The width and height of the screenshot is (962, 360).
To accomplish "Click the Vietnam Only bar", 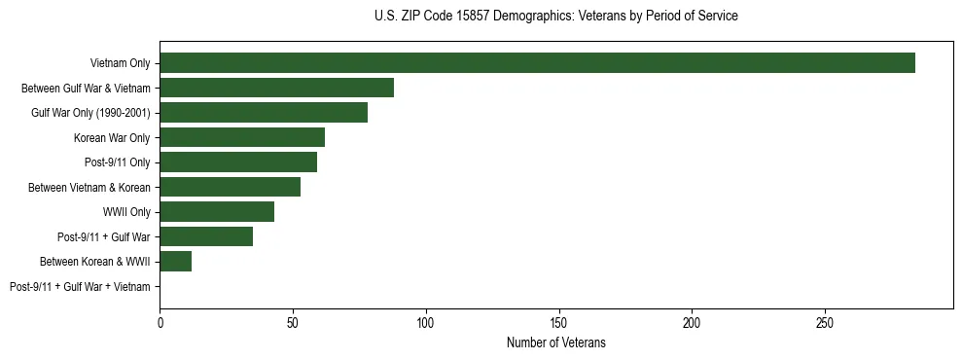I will pyautogui.click(x=537, y=63).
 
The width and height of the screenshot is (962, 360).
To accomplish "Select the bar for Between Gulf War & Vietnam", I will pyautogui.click(x=276, y=88).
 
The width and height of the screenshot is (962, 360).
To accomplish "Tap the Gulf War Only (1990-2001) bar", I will pyautogui.click(x=264, y=113).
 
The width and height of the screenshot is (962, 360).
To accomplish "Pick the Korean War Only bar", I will pyautogui.click(x=242, y=137).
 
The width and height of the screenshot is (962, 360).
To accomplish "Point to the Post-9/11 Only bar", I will pyautogui.click(x=238, y=162).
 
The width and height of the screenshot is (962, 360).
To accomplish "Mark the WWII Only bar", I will pyautogui.click(x=217, y=211).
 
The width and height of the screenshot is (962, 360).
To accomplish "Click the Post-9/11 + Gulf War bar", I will pyautogui.click(x=206, y=236).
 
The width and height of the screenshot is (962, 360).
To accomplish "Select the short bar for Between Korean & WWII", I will pyautogui.click(x=175, y=261).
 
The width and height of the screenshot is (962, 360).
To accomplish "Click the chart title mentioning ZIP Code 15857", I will pyautogui.click(x=555, y=17).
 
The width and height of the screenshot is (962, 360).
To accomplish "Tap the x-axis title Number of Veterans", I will pyautogui.click(x=555, y=342).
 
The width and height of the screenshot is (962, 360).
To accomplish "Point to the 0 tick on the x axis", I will pyautogui.click(x=160, y=320).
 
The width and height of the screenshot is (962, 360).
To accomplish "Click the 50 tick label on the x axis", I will pyautogui.click(x=293, y=320).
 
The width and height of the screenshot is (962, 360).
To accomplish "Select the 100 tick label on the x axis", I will pyautogui.click(x=426, y=320).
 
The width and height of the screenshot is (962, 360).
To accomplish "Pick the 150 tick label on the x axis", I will pyautogui.click(x=558, y=320).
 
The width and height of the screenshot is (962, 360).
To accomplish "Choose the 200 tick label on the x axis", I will pyautogui.click(x=692, y=320).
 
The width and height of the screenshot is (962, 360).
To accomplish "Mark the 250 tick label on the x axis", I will pyautogui.click(x=825, y=320).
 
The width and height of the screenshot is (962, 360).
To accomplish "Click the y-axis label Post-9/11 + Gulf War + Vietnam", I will pyautogui.click(x=80, y=286).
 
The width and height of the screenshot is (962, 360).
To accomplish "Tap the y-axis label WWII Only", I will pyautogui.click(x=125, y=212).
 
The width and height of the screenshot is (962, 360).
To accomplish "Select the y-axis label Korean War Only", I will pyautogui.click(x=112, y=138).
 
